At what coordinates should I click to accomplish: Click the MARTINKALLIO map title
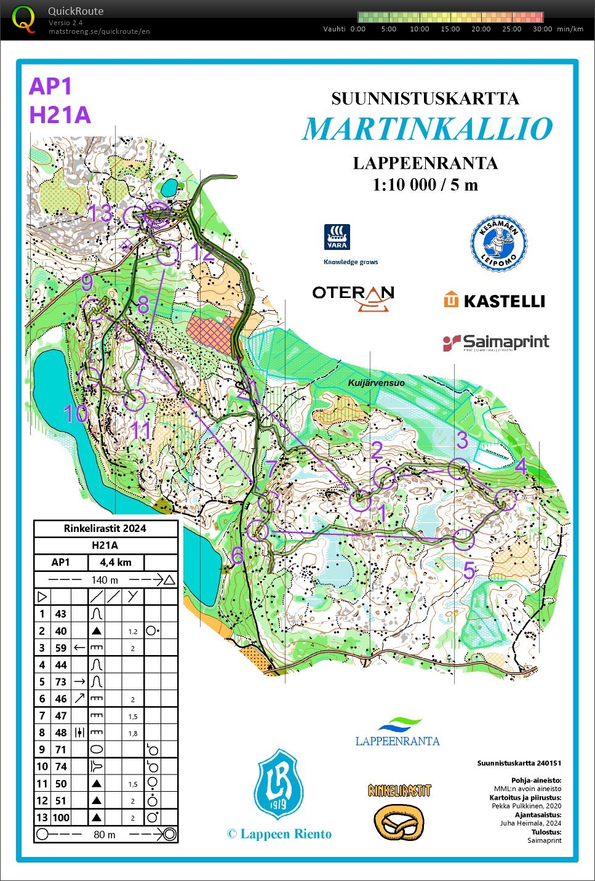[x=427, y=129]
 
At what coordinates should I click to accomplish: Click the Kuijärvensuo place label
[x=376, y=383]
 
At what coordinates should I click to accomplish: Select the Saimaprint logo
[x=496, y=342]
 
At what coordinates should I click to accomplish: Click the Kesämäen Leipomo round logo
[x=499, y=244]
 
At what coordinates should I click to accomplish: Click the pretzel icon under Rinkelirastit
[x=399, y=822]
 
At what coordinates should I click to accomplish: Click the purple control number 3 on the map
[x=462, y=440]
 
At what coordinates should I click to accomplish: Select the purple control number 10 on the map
[x=76, y=414]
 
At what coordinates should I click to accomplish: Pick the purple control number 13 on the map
[x=100, y=214]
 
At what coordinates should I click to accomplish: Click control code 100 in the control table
[x=60, y=818]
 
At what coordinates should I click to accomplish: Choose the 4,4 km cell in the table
[x=116, y=562]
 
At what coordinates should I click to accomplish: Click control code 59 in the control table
[x=60, y=648]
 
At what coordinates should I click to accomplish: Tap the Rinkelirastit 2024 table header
[x=105, y=528]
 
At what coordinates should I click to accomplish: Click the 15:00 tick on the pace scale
[x=450, y=29]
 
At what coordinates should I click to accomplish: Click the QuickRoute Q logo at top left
[x=24, y=19]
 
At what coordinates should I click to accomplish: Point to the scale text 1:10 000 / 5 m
[x=425, y=185]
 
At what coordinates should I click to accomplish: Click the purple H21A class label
[x=60, y=115]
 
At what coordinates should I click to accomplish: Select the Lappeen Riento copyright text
[x=279, y=834]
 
